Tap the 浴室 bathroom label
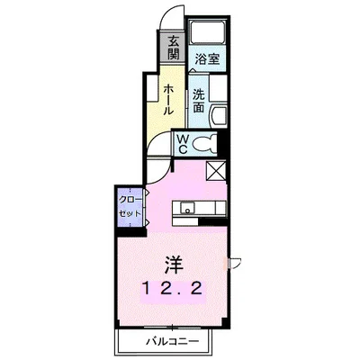pyautogui.click(x=208, y=59)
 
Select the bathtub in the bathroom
pyautogui.click(x=209, y=33)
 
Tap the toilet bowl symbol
pyautogui.click(x=204, y=142)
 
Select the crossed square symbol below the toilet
pyautogui.click(x=217, y=172)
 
